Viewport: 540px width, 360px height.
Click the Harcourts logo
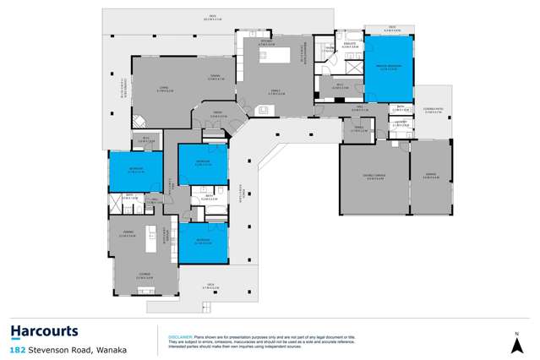tap(44, 331)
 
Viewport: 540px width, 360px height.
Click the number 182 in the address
tap(17, 349)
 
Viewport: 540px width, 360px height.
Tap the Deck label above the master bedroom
tap(392, 29)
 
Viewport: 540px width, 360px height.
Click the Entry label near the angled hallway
tap(217, 115)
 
